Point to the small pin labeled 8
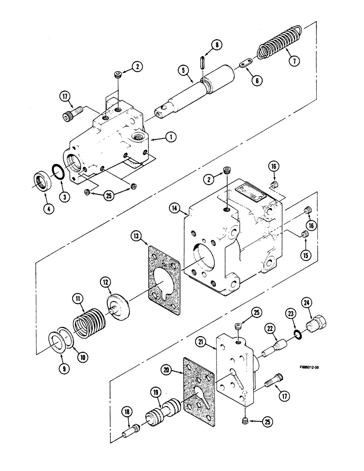202,63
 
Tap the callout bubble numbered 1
168,138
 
